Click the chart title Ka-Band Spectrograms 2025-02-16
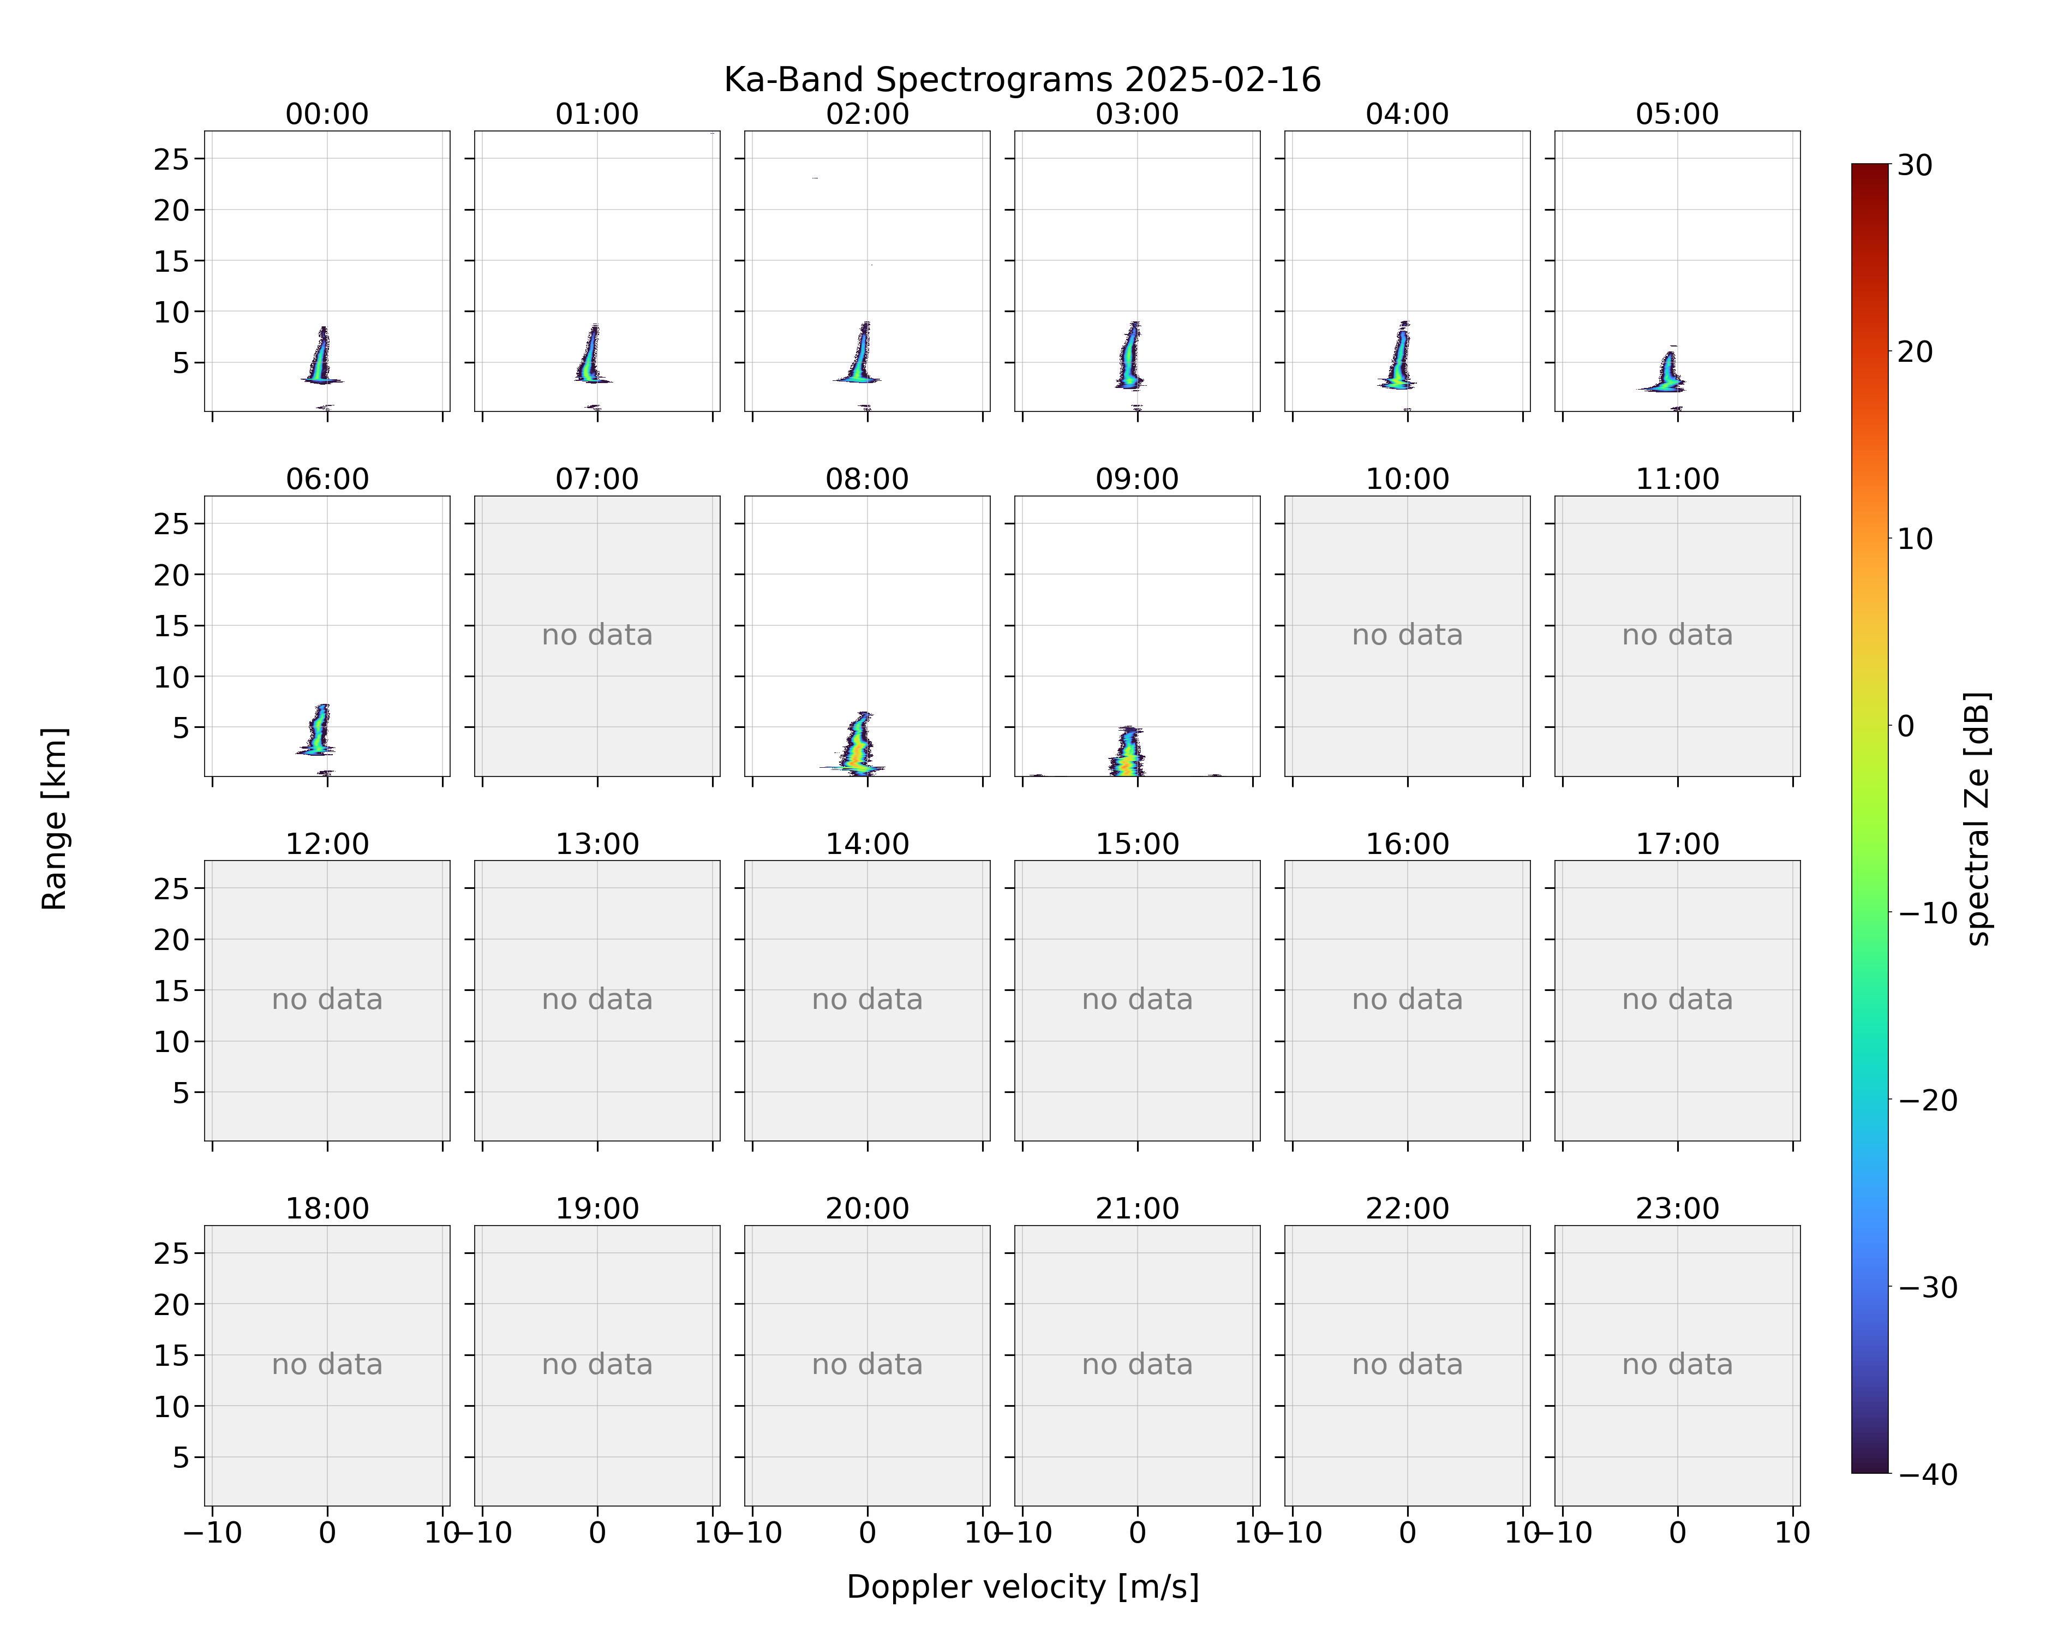point(1022,80)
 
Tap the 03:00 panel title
point(1137,114)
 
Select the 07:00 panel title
point(597,479)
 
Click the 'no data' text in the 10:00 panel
point(1407,635)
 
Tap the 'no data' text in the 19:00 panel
point(597,1365)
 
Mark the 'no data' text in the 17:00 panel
point(1677,999)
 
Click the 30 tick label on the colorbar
point(1915,165)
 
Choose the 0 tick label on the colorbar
point(1906,726)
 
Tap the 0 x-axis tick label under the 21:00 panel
point(1137,1533)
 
